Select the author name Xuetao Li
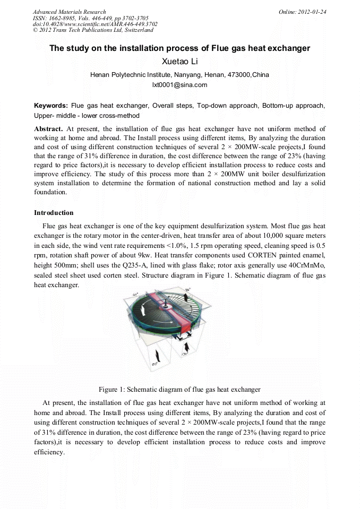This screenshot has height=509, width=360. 179,62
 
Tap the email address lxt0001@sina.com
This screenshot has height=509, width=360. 179,85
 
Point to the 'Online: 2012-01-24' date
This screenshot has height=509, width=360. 303,12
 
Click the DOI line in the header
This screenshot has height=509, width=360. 95,24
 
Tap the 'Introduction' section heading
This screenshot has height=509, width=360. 54,213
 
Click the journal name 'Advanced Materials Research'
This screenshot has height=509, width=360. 69,12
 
